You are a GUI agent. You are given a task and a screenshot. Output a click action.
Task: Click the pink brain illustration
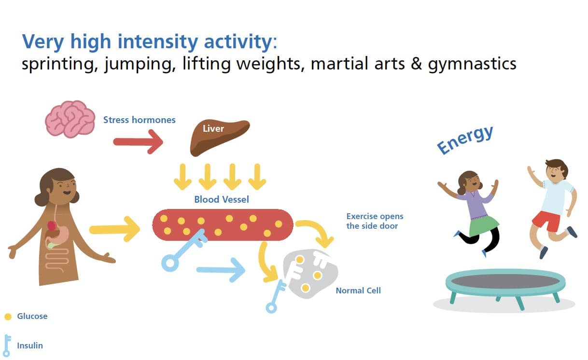click(x=70, y=119)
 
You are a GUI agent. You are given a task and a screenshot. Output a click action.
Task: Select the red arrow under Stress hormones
click(x=138, y=142)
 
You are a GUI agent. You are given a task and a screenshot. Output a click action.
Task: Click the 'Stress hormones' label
click(x=139, y=120)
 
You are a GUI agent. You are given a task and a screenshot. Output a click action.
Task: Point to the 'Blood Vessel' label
click(x=221, y=199)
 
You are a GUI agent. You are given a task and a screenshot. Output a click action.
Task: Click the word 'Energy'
click(x=465, y=139)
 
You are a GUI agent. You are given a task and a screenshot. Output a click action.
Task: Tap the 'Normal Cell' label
click(x=358, y=291)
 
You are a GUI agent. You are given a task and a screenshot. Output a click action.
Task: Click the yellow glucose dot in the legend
click(x=8, y=317)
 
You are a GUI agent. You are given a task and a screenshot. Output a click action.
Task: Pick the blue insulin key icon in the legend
click(x=7, y=346)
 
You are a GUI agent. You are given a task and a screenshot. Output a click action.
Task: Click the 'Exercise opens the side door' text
click(x=375, y=221)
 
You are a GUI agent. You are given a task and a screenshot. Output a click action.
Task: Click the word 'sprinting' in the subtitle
click(x=58, y=64)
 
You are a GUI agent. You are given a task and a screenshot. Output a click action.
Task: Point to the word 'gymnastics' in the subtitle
click(x=472, y=64)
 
